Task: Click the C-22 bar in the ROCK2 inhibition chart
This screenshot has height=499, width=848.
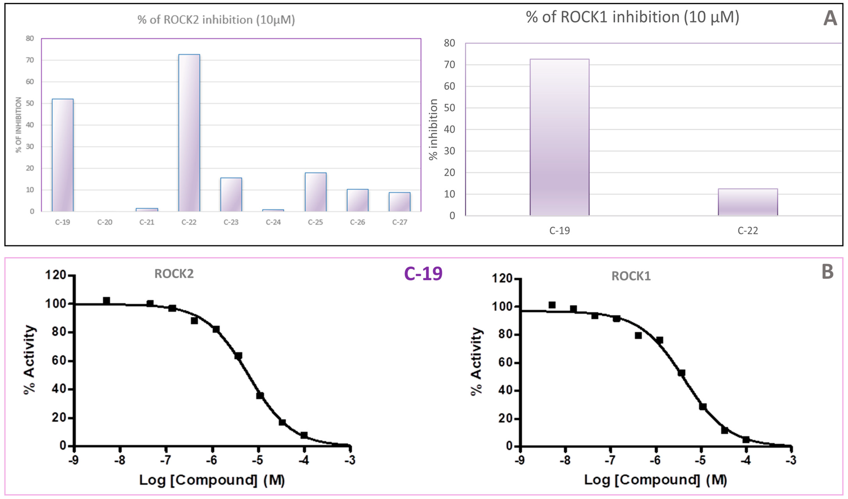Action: click(x=189, y=133)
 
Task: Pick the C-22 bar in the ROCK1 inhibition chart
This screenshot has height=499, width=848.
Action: click(x=748, y=202)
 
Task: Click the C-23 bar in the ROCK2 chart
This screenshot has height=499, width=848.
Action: click(x=231, y=195)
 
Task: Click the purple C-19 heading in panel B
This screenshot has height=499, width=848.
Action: click(x=423, y=274)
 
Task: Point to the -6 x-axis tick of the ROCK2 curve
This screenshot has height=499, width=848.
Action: click(x=212, y=460)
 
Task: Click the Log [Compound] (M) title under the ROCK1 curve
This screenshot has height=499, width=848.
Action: click(x=655, y=480)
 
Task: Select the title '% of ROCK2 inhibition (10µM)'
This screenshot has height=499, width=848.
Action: click(x=216, y=20)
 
